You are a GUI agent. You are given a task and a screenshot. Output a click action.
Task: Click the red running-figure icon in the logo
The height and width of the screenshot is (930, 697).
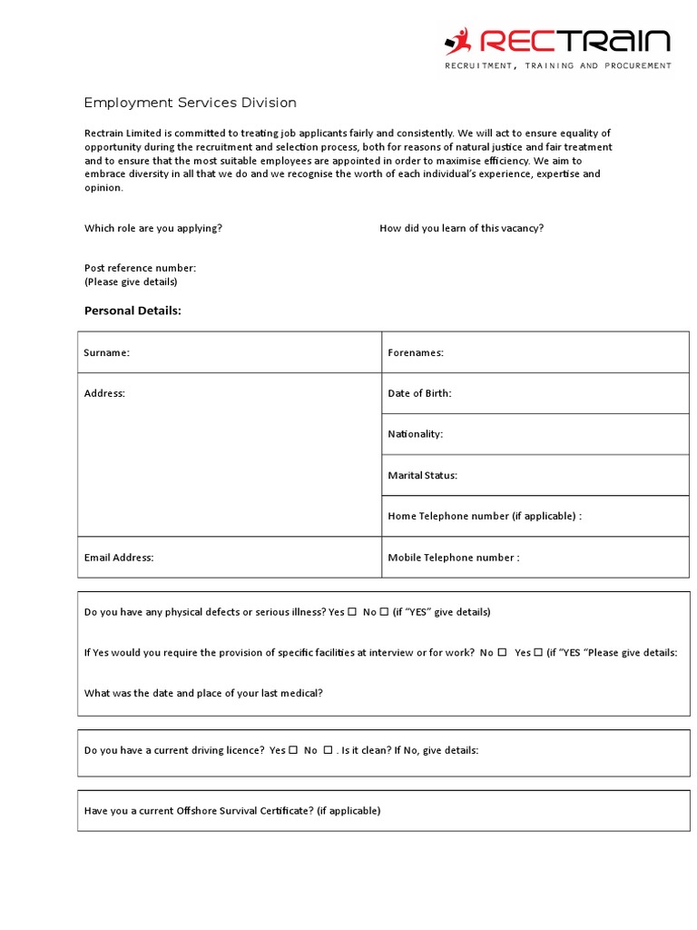coord(457,41)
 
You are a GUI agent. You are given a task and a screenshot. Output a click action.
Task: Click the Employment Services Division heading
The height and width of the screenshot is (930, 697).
coord(190,103)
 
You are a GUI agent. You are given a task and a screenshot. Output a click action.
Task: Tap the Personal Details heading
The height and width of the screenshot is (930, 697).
coord(133,311)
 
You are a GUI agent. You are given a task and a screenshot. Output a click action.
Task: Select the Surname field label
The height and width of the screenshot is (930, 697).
coord(106,352)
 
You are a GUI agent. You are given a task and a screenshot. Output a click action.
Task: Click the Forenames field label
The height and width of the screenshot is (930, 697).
coord(416,352)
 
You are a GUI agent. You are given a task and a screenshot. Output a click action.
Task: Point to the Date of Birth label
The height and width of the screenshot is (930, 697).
coord(419,393)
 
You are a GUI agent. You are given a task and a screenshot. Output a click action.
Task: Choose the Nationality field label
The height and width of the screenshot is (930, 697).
coord(416,434)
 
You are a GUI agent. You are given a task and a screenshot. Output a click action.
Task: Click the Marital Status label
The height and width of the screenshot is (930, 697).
coord(423,475)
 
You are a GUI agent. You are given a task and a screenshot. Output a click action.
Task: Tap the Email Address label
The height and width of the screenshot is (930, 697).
coord(119,558)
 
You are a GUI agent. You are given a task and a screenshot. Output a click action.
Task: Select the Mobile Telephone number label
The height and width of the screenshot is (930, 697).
coord(454,558)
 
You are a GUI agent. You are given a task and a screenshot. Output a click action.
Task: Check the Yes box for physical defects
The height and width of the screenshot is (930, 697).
coord(352,611)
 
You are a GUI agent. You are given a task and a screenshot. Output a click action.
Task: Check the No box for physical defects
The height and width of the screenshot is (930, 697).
coord(384,611)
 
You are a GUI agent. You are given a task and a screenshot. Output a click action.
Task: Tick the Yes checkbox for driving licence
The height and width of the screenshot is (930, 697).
coord(293,750)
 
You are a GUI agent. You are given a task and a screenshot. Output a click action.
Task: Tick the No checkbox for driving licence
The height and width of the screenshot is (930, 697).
coord(328,750)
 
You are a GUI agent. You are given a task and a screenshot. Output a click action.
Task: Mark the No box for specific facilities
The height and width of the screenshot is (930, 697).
coord(502,652)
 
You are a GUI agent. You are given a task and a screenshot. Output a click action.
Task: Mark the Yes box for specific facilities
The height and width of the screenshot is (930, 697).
coord(537,652)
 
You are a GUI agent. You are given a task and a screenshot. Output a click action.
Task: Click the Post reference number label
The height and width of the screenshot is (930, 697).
coord(140,268)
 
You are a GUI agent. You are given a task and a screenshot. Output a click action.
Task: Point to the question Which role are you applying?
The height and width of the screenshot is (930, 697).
coord(153,228)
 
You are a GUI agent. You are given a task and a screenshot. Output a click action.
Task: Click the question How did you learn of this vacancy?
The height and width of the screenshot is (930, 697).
coord(461,228)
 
